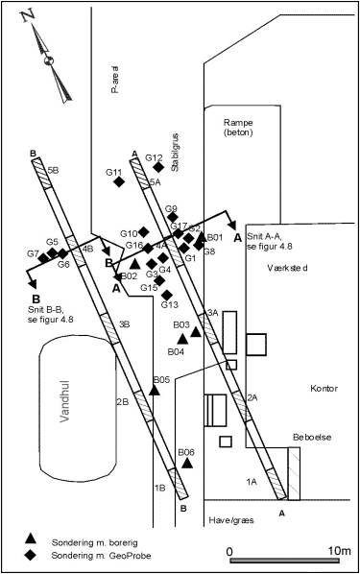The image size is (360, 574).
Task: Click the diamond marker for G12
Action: pyautogui.click(x=158, y=167)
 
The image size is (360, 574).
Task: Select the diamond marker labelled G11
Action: pyautogui.click(x=119, y=181)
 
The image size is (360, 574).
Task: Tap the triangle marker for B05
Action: pyautogui.click(x=155, y=391)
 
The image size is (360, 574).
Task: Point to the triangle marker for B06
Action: pyautogui.click(x=187, y=463)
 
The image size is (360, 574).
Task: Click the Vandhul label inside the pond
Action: pyautogui.click(x=65, y=401)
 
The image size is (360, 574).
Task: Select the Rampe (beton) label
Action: pyautogui.click(x=238, y=127)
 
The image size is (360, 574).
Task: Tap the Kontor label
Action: pyautogui.click(x=324, y=388)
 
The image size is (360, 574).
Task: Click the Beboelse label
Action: pyautogui.click(x=312, y=437)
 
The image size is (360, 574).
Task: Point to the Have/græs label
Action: pyautogui.click(x=231, y=520)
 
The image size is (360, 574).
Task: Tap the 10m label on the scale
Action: pyautogui.click(x=339, y=551)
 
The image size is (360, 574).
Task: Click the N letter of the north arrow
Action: pyautogui.click(x=28, y=16)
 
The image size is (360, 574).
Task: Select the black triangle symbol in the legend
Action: pyautogui.click(x=31, y=538)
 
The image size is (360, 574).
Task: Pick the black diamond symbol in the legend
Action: pyautogui.click(x=31, y=555)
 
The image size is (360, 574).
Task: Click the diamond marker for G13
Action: pyautogui.click(x=167, y=295)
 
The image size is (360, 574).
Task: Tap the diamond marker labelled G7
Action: pyautogui.click(x=43, y=258)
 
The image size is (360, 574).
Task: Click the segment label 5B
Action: pyautogui.click(x=54, y=170)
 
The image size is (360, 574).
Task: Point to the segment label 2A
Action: pyautogui.click(x=252, y=397)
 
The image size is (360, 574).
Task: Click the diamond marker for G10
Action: pyautogui.click(x=143, y=231)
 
